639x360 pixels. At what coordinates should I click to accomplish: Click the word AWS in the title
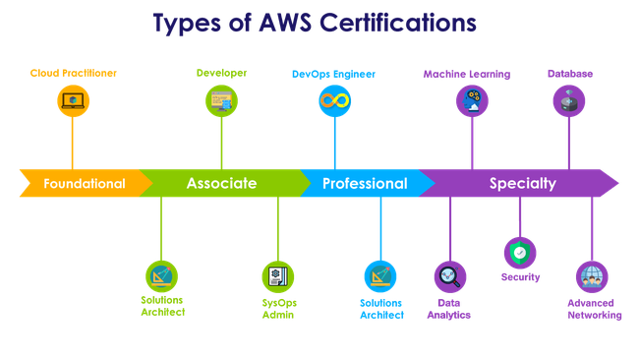(286, 23)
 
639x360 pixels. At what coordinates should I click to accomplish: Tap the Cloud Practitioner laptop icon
(73, 100)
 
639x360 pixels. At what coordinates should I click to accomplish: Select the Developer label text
(222, 73)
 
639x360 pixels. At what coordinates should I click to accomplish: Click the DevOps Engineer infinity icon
(334, 100)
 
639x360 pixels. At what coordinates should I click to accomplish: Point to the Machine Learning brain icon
(472, 100)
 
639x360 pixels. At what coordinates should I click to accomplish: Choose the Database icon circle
(569, 100)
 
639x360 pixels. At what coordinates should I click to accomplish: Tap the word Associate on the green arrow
(222, 184)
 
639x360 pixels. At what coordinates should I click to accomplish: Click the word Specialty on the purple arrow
(523, 184)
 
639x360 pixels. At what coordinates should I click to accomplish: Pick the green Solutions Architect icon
(162, 276)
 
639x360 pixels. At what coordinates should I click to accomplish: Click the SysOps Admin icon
(278, 276)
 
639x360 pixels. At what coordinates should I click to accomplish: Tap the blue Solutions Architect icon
(380, 276)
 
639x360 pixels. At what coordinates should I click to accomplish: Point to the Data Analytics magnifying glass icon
(450, 276)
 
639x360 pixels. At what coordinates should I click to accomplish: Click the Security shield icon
(520, 253)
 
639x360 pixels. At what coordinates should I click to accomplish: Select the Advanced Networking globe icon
(592, 276)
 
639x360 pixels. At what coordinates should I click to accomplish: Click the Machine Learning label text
(467, 74)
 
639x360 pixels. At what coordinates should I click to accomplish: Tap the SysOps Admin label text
(279, 309)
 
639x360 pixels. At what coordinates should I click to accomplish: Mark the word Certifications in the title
(398, 23)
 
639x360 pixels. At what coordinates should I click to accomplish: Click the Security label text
(520, 277)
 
